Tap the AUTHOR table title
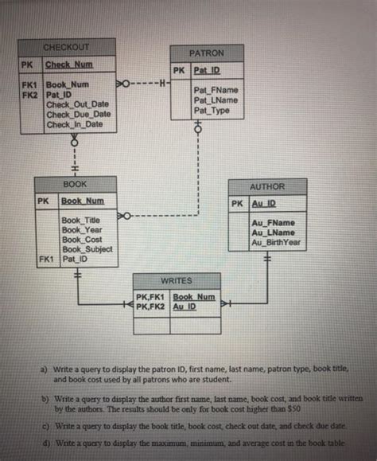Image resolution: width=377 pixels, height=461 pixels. (266, 186)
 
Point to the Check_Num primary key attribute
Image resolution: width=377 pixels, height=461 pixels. (68, 64)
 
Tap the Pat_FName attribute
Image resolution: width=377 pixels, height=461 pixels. (216, 91)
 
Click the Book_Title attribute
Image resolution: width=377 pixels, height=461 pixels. (81, 220)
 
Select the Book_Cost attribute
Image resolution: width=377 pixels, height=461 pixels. (81, 239)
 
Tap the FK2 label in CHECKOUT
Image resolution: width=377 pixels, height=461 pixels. (30, 94)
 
